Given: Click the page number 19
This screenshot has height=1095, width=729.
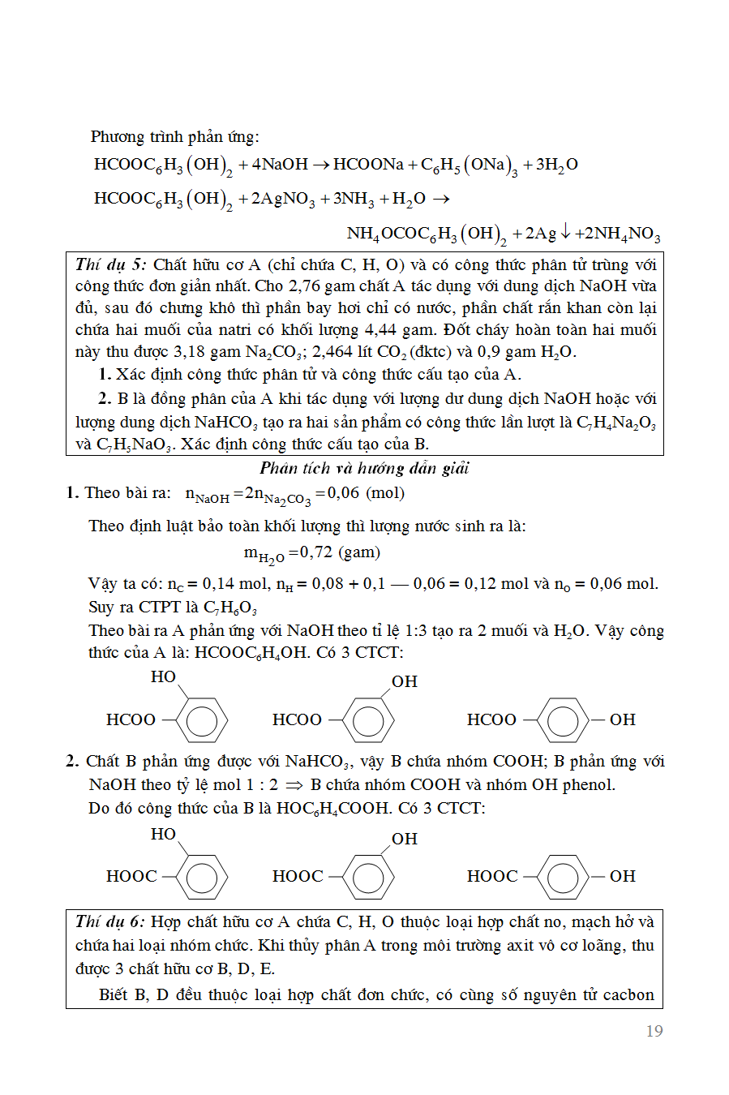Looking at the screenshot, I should click(x=654, y=1031).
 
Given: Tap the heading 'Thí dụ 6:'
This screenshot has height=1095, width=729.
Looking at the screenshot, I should click(x=110, y=921).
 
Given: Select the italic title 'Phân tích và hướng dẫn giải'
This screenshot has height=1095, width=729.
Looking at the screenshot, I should click(x=364, y=468).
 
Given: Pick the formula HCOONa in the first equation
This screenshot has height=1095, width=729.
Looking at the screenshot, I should click(x=368, y=165).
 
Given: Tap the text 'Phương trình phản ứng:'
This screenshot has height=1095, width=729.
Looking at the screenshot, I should click(x=174, y=136).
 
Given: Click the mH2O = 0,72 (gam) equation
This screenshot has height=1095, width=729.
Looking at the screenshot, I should click(x=311, y=553).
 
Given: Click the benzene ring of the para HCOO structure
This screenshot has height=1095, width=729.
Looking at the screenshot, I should click(x=563, y=719).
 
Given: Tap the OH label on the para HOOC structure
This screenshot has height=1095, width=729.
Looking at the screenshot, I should click(x=622, y=876).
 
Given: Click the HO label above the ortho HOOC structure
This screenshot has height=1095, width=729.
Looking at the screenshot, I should click(x=163, y=834).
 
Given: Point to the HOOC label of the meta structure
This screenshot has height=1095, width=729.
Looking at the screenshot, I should click(x=298, y=876).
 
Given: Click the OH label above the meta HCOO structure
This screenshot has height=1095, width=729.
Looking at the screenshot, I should click(x=404, y=681).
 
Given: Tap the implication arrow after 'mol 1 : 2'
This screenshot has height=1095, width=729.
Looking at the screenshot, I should click(x=294, y=785).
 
